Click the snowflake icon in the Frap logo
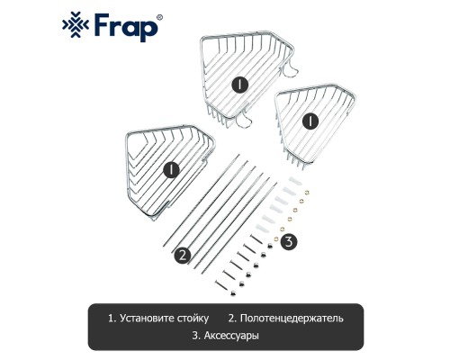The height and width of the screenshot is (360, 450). click(x=75, y=24)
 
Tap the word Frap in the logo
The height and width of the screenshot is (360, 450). click(x=126, y=28)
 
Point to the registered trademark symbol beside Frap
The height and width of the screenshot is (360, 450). click(x=160, y=17)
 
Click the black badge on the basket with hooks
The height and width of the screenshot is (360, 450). click(x=239, y=85)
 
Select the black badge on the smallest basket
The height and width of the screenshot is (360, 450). click(x=310, y=121)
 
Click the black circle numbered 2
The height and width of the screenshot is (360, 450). click(x=183, y=255)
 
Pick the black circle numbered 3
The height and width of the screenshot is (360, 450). click(x=289, y=241)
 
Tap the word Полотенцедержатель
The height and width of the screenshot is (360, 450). click(x=292, y=318)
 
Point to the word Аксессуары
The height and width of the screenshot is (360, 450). click(x=231, y=336)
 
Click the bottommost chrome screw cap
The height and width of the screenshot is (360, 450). click(x=232, y=292)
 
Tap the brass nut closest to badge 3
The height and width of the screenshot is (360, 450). click(x=275, y=238)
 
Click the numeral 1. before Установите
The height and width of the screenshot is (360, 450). click(x=112, y=318)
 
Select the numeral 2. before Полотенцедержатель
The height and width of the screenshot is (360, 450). click(x=232, y=318)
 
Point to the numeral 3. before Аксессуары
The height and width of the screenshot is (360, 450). click(x=196, y=336)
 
